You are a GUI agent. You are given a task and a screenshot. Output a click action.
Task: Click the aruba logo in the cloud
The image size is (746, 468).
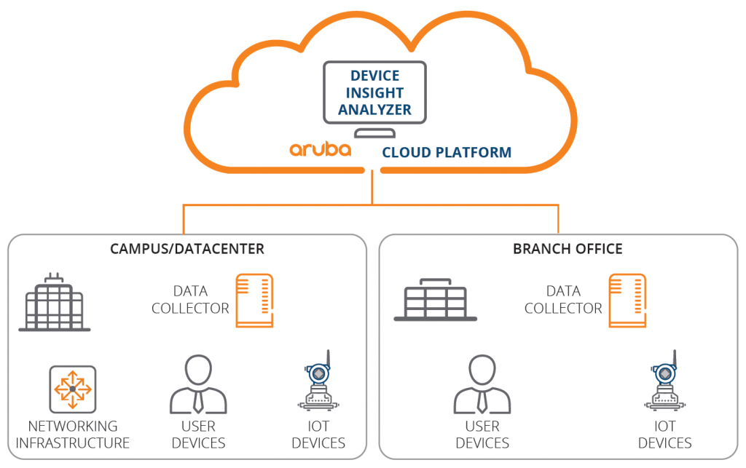point(320,150)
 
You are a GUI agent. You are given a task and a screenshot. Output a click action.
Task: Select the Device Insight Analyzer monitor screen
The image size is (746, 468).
point(374,92)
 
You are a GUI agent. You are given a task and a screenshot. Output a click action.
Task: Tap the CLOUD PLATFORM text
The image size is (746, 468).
point(447,153)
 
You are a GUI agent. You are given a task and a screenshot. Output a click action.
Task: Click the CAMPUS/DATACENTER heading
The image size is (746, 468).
point(187,249)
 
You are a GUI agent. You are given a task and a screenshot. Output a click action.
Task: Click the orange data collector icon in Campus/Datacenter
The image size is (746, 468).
point(254,301)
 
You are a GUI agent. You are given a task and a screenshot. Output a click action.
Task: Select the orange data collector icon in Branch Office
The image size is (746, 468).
point(627,301)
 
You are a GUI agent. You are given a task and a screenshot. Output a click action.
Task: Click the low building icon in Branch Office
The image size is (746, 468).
point(435,301)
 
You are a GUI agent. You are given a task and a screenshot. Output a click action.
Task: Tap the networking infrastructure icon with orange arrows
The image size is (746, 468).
point(72,389)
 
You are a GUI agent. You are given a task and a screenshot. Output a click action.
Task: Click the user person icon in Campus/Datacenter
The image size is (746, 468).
point(198,385)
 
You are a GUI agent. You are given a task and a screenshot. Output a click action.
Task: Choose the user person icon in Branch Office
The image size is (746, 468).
point(482,385)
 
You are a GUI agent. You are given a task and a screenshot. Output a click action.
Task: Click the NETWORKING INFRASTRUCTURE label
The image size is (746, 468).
point(73,435)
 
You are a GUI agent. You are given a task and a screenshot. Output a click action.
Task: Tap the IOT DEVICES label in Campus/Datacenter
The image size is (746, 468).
point(318,435)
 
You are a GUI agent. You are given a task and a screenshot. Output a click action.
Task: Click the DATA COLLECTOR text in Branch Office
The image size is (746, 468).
point(563,300)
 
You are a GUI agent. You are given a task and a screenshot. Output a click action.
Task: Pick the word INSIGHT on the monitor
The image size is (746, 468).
point(374,93)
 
